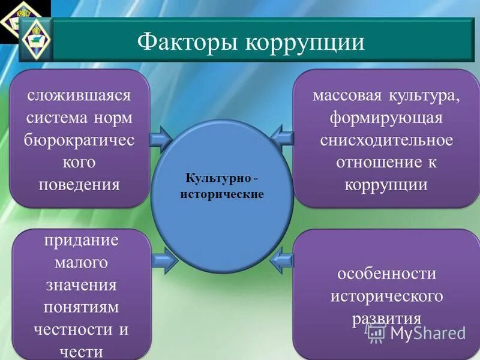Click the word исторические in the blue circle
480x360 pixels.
point(222,195)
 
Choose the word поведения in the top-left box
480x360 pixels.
point(79,184)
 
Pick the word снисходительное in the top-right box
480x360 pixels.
point(386,140)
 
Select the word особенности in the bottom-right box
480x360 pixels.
point(386,274)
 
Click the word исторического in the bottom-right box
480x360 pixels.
point(386,296)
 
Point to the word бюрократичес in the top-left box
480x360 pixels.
point(79,139)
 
